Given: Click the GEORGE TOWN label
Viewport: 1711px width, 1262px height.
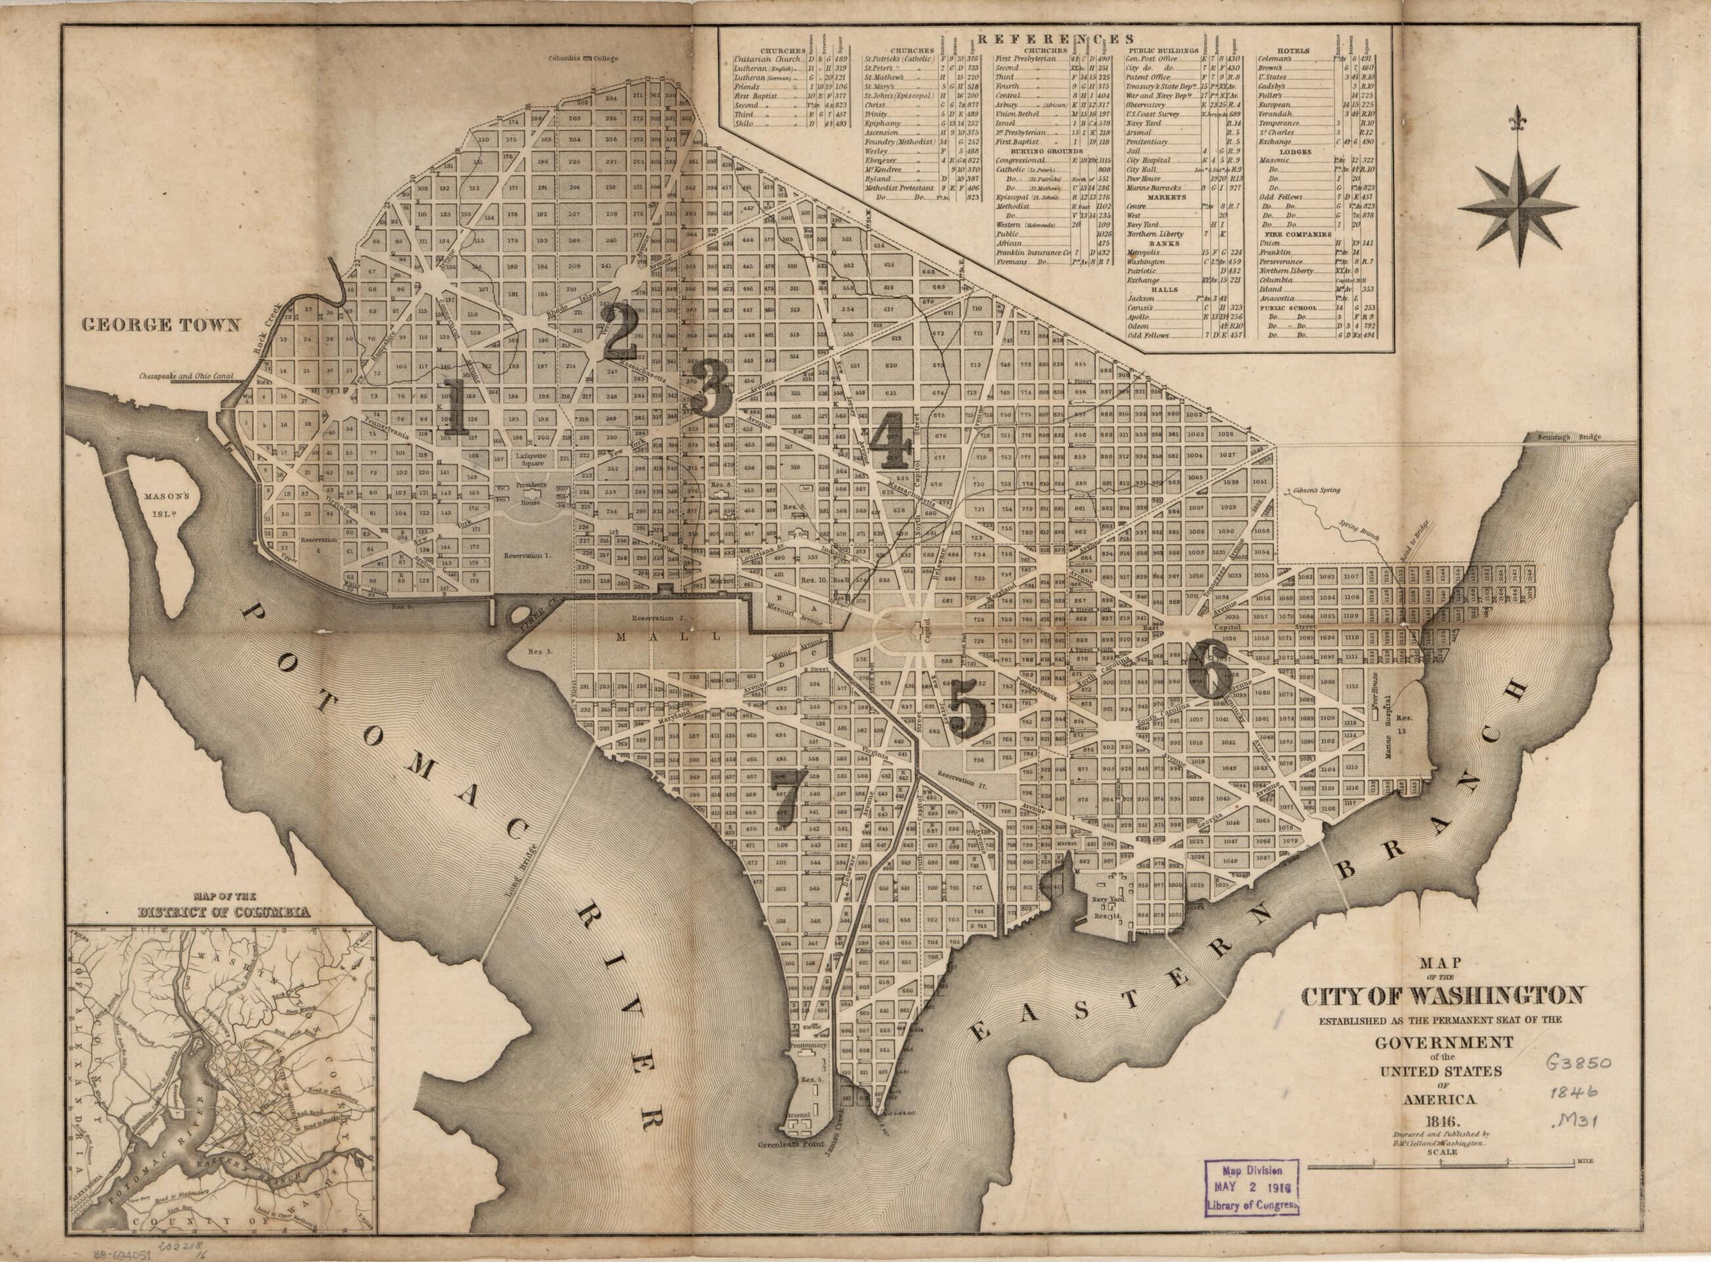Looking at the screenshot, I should (x=161, y=325).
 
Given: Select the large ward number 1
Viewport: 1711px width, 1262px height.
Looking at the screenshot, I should (x=456, y=406).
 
